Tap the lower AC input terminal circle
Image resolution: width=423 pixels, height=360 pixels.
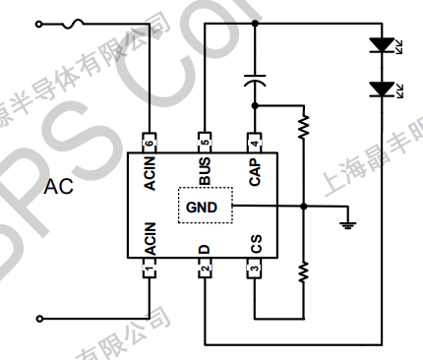[x=40, y=319]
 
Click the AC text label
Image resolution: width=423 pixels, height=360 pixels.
[x=58, y=187]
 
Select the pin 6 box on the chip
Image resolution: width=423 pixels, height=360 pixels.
[x=150, y=141]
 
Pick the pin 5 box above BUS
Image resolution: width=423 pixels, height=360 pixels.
[x=205, y=141]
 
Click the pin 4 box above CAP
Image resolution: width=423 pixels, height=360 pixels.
[x=254, y=141]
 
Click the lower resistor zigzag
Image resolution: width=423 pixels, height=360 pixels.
[x=304, y=270]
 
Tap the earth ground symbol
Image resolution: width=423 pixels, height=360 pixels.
[x=345, y=224]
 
